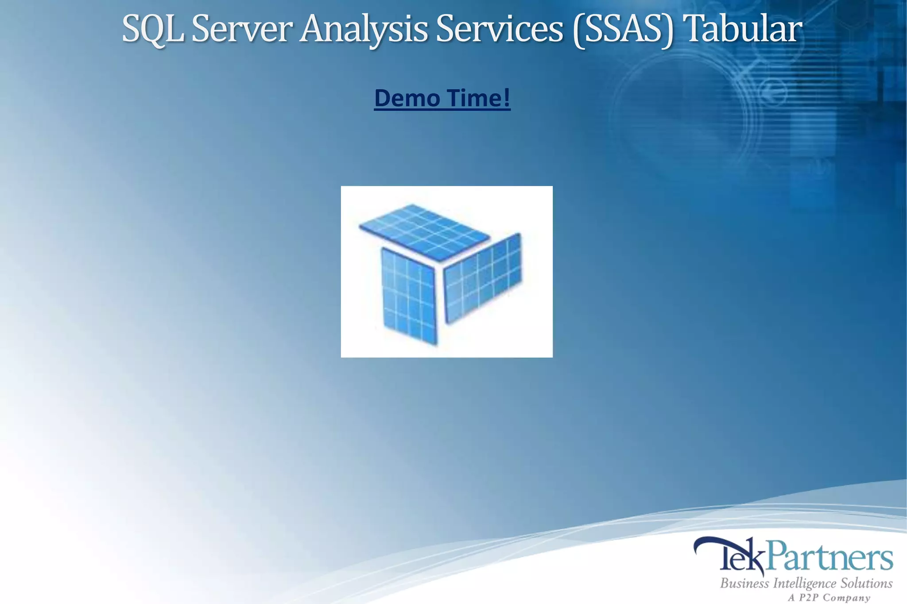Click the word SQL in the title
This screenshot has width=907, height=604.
[152, 29]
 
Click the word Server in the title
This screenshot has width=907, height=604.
[242, 29]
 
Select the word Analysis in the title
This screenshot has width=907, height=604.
[364, 29]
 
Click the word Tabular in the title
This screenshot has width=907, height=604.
[744, 29]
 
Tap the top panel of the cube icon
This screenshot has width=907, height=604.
[424, 231]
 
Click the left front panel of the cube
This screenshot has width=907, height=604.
[408, 296]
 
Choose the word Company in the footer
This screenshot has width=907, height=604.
[850, 598]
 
